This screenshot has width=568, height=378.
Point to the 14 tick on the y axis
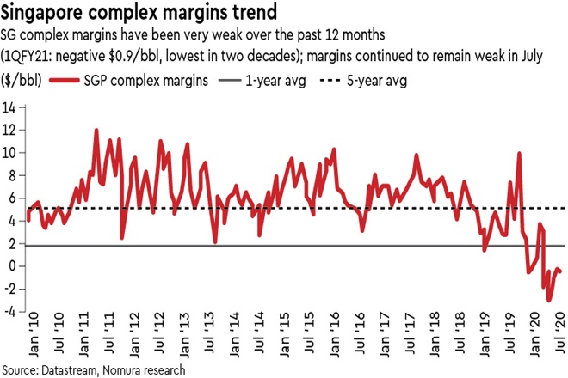(x=11, y=107)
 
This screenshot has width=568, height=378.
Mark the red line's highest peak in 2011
(x=96, y=131)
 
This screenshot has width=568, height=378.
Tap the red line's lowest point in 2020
(x=550, y=302)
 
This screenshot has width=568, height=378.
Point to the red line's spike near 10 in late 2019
(x=519, y=154)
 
